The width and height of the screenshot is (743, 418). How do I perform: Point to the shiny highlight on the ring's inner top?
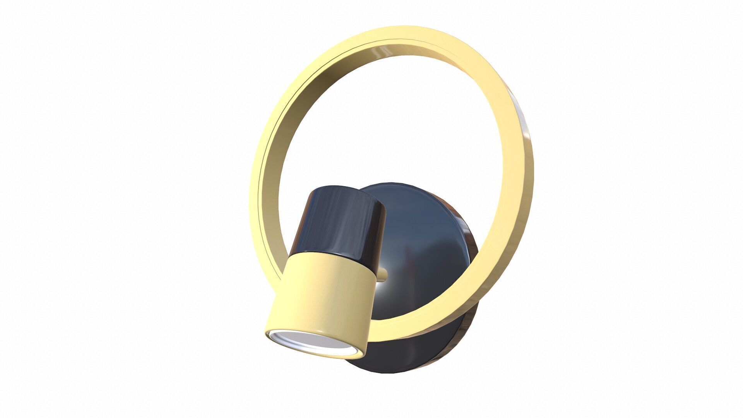tap(381, 52)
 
